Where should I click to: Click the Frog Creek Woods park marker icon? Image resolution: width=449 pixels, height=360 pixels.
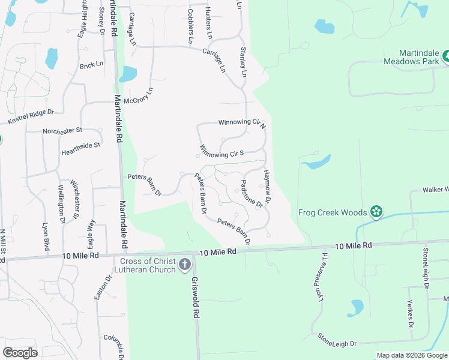(376, 212)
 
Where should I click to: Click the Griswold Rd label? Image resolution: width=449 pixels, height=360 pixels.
(196, 298)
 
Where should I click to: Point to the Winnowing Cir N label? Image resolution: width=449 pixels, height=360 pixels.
(242, 122)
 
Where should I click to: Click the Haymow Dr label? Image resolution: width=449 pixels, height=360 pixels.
(268, 186)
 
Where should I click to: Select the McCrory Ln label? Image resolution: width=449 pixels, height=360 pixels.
(139, 95)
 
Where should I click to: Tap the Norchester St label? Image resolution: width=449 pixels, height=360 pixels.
(62, 130)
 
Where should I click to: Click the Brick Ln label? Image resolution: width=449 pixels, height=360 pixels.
(91, 64)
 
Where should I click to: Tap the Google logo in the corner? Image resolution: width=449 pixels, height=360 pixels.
(20, 352)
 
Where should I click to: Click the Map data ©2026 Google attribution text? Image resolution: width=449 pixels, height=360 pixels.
(412, 355)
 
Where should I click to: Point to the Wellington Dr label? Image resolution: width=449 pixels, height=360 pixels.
(61, 205)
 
